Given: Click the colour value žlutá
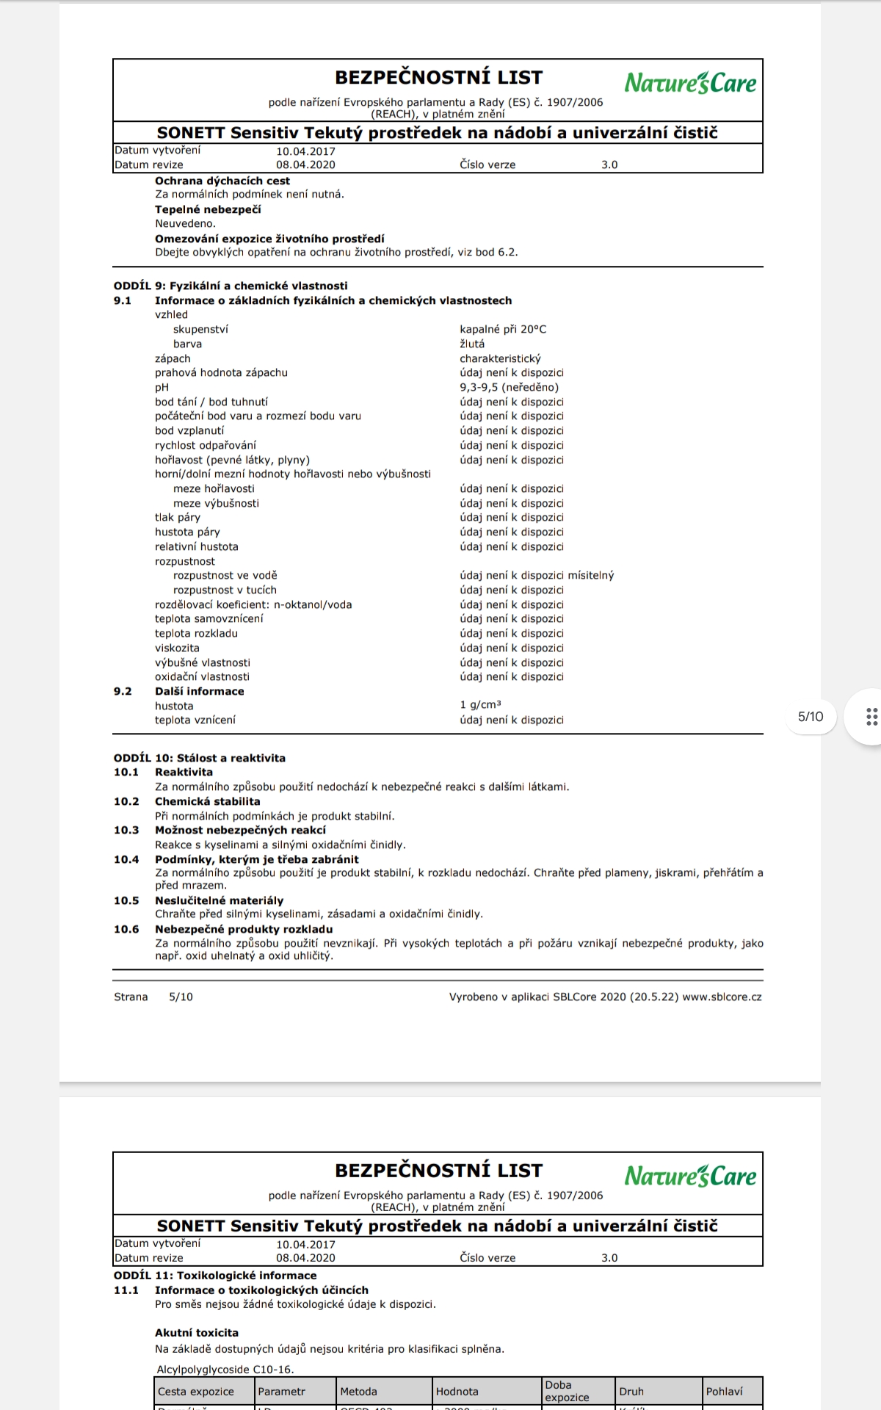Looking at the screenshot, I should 472,344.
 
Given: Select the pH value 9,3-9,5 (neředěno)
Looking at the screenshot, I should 509,387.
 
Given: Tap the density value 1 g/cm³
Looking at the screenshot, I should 480,705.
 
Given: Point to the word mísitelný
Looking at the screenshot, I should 590,575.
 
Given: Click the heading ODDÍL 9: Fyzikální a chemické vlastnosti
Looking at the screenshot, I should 231,286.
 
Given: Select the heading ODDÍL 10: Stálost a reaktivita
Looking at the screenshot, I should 200,758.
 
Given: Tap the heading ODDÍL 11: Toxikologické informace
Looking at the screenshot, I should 215,1276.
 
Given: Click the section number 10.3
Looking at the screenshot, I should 126,830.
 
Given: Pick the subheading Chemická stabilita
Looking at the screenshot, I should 207,801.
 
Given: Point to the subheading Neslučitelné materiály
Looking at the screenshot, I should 219,900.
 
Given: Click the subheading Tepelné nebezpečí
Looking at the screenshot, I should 208,209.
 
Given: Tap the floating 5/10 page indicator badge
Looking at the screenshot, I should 811,717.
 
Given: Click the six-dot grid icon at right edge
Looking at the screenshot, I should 871,717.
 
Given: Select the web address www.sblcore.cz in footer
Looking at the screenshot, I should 722,997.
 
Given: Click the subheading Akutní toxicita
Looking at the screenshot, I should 197,1332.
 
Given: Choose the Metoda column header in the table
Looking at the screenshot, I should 358,1391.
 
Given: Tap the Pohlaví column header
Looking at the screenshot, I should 724,1391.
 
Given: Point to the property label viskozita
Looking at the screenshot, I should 177,648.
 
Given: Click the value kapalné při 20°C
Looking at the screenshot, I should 503,329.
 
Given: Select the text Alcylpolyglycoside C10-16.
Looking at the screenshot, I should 225,1369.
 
